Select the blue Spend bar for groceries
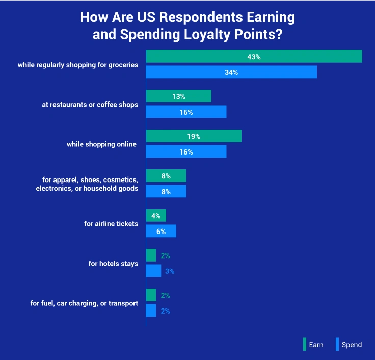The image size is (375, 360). pos(204,72)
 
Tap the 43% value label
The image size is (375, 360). pos(254,57)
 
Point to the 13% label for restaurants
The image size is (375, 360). pos(178,96)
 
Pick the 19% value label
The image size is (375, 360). pos(193,137)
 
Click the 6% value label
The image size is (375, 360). pos(160,232)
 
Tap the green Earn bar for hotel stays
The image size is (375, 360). pos(151,255)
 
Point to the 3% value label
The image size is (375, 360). pos(170,271)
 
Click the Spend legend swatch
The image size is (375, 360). pos(337,344)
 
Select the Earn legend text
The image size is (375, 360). pos(316,345)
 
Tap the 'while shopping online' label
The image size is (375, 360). pos(102,144)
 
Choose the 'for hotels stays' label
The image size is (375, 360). pos(113,264)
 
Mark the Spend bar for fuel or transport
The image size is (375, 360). pos(151,311)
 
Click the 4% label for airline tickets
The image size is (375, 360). pos(155,216)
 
